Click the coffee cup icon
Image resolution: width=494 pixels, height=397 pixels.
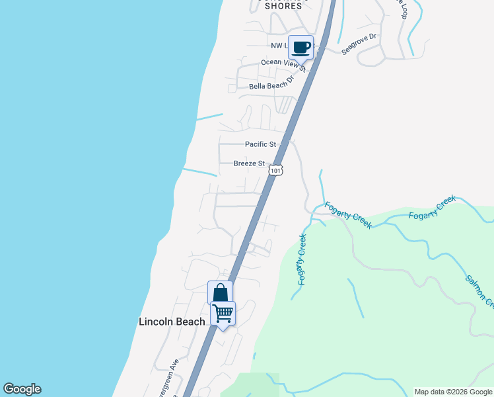click(300, 47)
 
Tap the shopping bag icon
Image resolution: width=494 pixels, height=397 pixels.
click(220, 293)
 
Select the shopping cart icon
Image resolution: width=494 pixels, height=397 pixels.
click(223, 313)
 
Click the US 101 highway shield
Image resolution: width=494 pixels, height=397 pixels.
click(277, 170)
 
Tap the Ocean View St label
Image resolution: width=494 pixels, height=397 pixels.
click(283, 64)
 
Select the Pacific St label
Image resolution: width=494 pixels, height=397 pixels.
click(260, 144)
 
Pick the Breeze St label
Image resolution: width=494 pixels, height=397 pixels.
click(249, 163)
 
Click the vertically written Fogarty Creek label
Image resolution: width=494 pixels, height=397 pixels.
click(302, 259)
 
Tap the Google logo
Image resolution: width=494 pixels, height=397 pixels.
click(22, 389)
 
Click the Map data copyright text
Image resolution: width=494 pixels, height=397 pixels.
click(452, 392)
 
